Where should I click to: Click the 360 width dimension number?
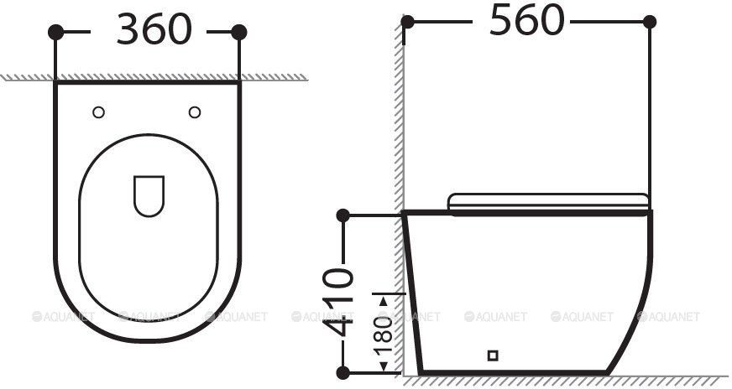coord(154,29)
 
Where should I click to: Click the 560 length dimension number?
coord(526,19)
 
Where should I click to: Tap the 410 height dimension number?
coord(338,302)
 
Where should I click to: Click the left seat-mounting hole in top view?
coord(98,112)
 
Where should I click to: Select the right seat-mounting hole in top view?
coord(195,112)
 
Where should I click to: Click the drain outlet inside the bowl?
coord(149,196)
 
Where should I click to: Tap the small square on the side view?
coord(493,355)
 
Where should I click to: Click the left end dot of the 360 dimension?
coord(55,32)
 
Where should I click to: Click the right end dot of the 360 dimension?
coord(239,32)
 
